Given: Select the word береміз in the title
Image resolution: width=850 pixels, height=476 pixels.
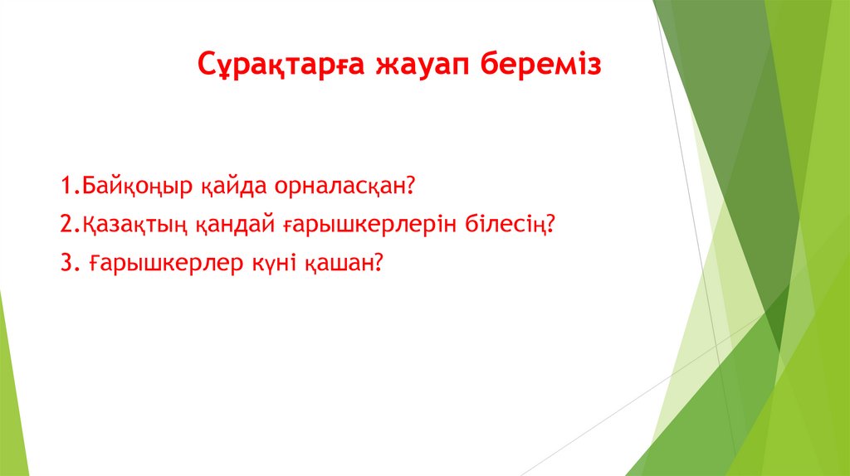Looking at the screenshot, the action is point(541,64).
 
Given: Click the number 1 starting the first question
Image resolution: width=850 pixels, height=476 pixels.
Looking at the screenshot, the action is point(66,185).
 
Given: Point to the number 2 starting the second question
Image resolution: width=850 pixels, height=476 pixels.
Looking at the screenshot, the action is point(66,224).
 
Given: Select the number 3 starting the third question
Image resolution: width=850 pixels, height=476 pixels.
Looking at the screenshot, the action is point(67,263).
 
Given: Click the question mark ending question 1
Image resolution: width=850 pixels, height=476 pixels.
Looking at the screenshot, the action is point(410,185).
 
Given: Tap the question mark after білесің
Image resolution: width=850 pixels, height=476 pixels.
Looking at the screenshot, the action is point(551,223).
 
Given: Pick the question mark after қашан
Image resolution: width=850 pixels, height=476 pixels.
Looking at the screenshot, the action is point(379,262).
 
